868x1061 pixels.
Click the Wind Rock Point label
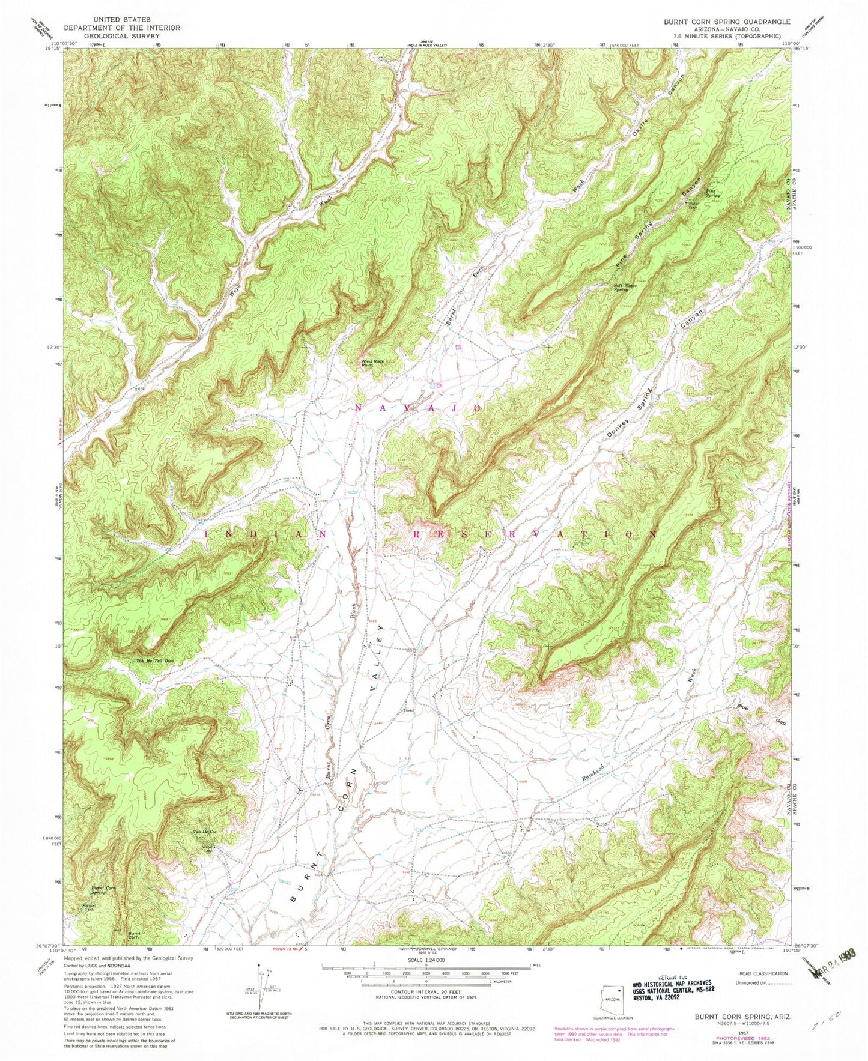372,363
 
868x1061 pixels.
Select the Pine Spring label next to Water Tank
712,192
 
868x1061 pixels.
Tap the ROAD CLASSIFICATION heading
762,973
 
